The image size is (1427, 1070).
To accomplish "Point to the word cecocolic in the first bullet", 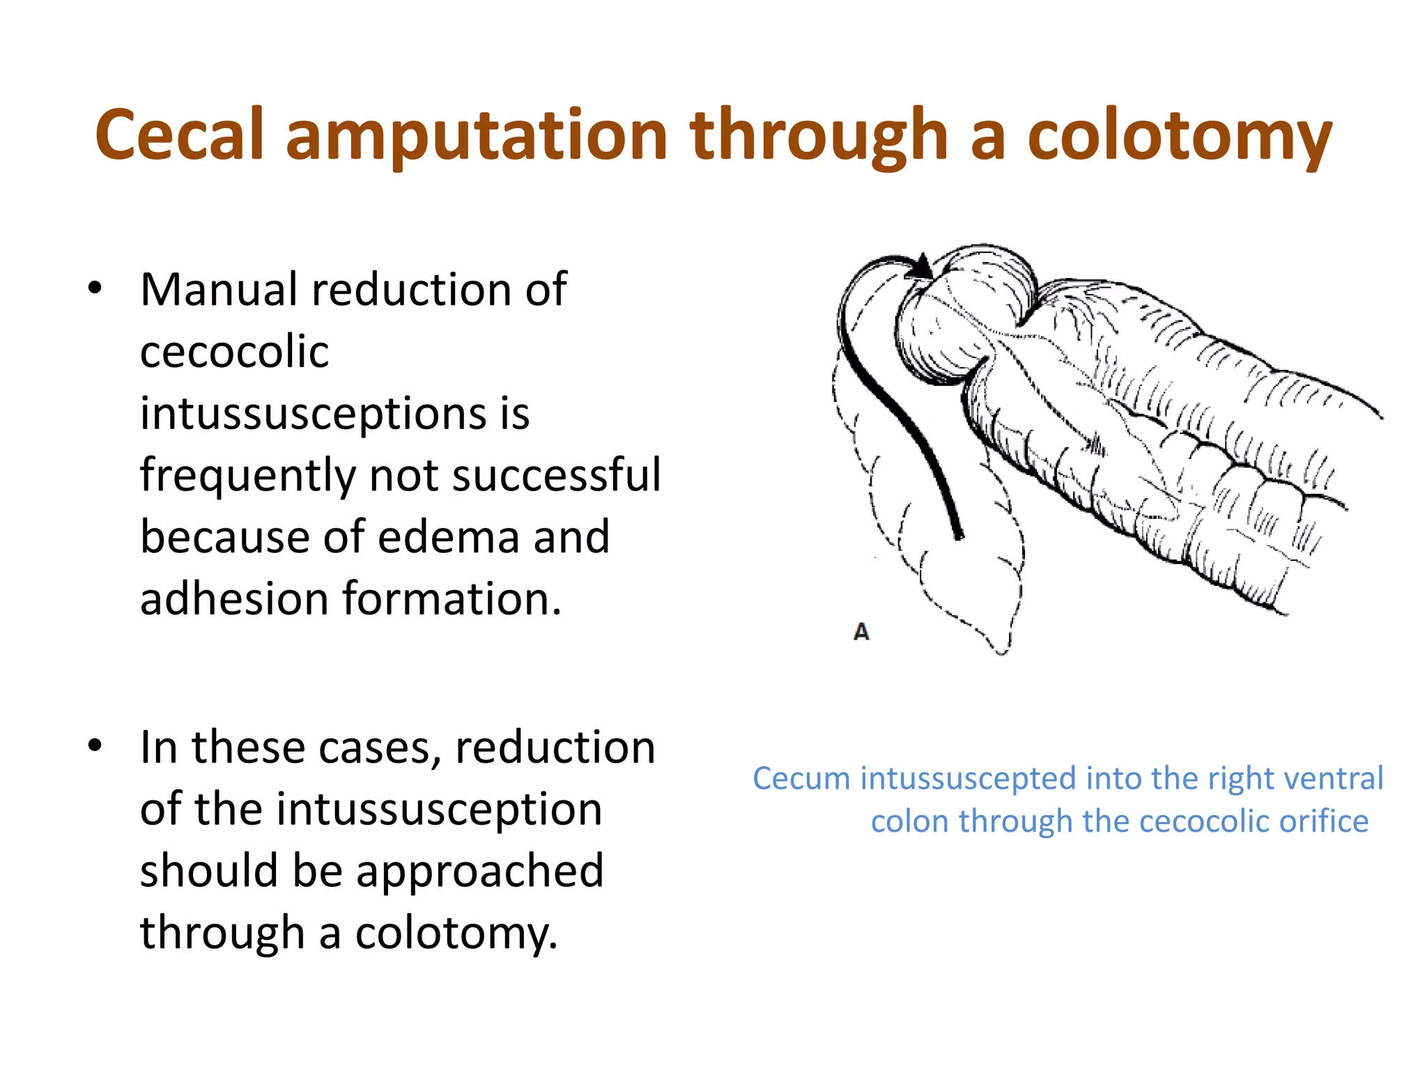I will click(x=234, y=351).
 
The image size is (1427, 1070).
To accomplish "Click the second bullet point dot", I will click(x=95, y=745).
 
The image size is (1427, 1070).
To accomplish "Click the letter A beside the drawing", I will click(x=861, y=632).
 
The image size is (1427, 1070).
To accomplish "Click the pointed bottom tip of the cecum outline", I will click(x=1002, y=652).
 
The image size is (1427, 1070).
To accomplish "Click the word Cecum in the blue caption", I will click(x=802, y=779).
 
